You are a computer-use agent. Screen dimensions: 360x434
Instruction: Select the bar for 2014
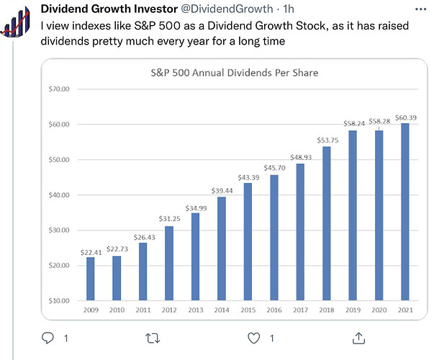tap(222, 248)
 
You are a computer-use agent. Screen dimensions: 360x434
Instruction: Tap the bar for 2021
tap(405, 212)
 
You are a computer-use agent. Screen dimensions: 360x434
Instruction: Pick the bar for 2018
tap(327, 223)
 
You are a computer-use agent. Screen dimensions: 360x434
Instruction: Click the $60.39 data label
tap(405, 117)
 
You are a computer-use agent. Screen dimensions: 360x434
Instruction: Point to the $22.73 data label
tap(117, 249)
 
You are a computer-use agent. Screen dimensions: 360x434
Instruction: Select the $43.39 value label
tap(248, 177)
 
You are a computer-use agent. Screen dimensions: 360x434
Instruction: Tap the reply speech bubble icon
tap(49, 338)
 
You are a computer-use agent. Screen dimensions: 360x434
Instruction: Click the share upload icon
tap(358, 337)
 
